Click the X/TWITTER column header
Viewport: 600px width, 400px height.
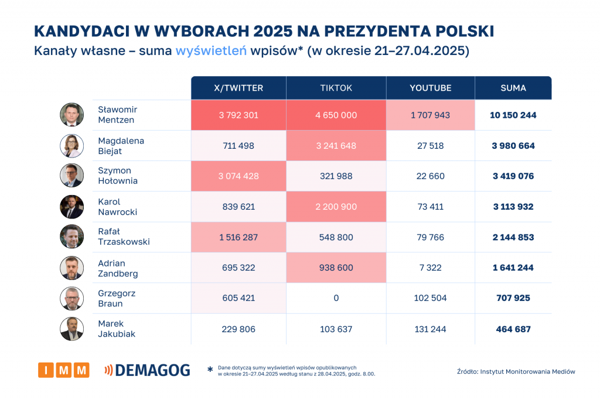(x=238, y=88)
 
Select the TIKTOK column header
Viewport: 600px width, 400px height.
(x=336, y=88)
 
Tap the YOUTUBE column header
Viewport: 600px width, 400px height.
(x=431, y=88)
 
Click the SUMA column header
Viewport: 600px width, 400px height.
(x=513, y=88)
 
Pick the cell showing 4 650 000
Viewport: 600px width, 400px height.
(x=336, y=115)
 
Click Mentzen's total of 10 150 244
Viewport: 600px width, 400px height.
(x=513, y=115)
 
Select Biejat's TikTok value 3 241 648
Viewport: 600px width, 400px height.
(x=336, y=146)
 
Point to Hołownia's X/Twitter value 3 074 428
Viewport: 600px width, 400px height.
(x=238, y=176)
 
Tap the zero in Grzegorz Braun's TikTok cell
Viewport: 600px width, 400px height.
(x=336, y=298)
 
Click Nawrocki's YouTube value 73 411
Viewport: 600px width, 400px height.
(x=431, y=207)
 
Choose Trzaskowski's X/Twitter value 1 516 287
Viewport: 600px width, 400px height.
(x=238, y=237)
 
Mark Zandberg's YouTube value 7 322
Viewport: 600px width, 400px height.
(x=431, y=268)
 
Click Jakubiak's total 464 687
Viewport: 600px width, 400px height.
(x=513, y=329)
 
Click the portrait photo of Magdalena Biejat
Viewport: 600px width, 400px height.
(x=71, y=146)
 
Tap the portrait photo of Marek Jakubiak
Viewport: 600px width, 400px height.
(x=71, y=329)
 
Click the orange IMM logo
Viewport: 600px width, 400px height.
(x=63, y=370)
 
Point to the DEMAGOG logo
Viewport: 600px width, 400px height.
(x=147, y=370)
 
